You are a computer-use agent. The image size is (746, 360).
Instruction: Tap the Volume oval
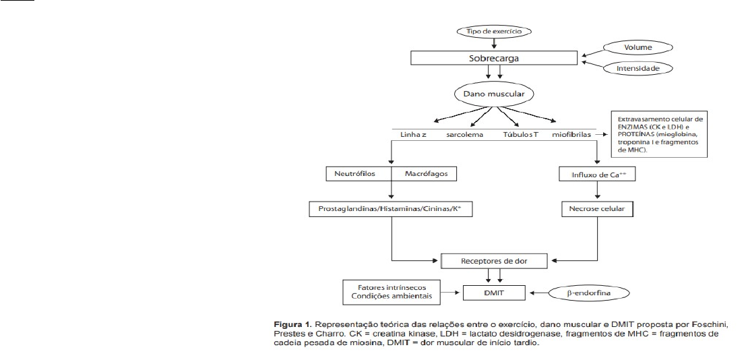(x=638, y=48)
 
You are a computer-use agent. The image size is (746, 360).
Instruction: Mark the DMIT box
(x=495, y=292)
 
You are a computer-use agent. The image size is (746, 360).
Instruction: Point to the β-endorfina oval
(x=590, y=293)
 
